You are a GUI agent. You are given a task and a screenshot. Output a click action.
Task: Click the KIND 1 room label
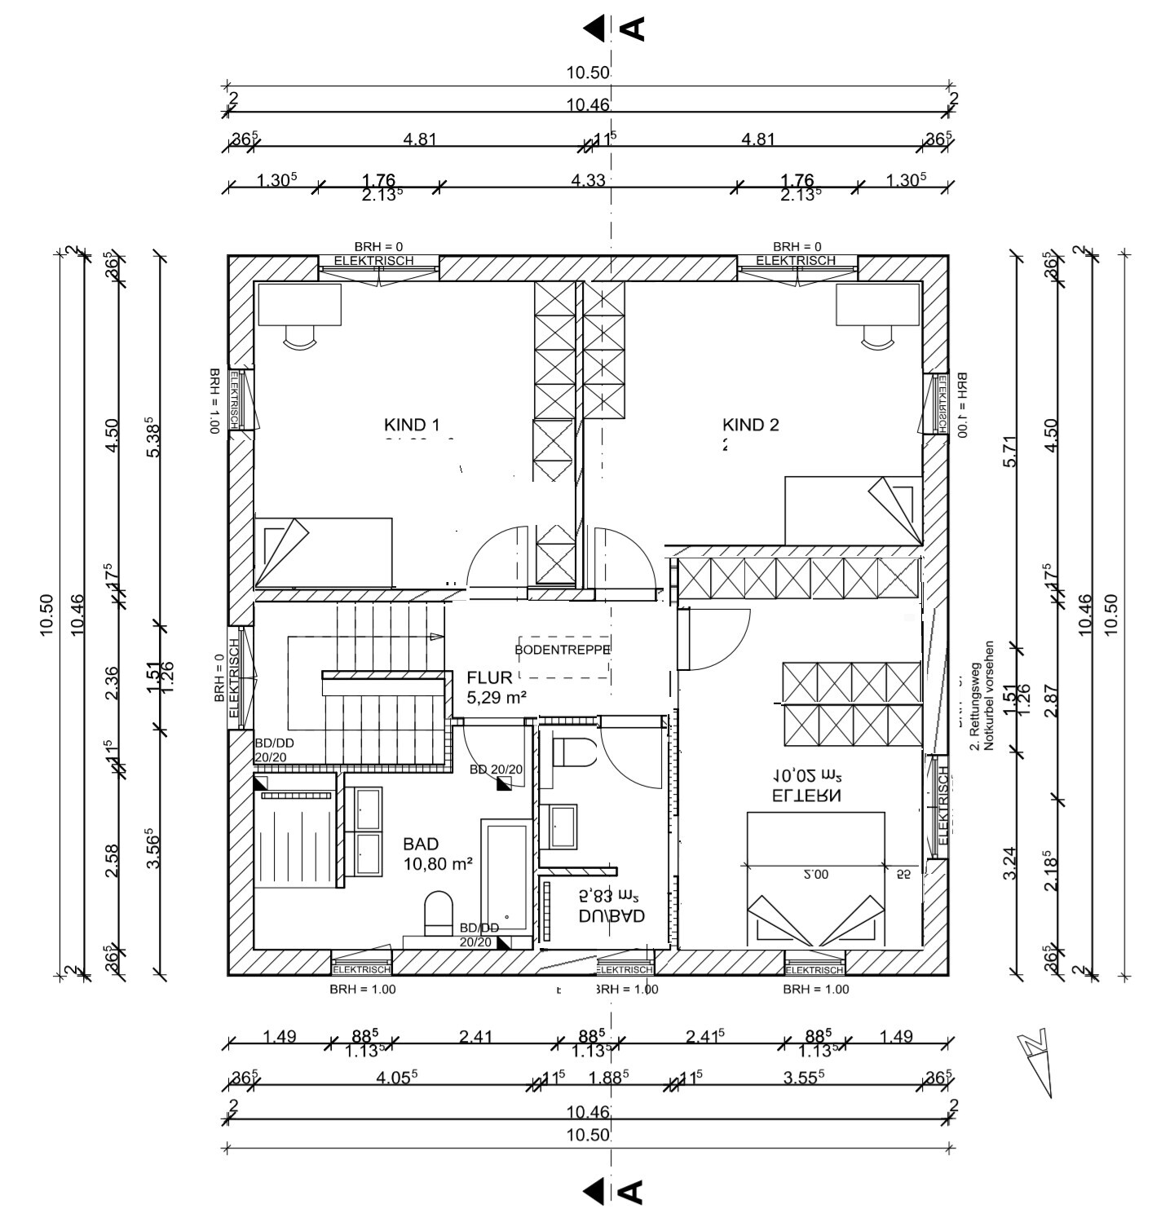412,425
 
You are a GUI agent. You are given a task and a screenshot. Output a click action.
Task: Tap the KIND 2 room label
750,425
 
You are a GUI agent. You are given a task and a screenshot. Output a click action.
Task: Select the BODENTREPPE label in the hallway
563,650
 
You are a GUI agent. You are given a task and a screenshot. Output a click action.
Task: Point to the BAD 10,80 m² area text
439,864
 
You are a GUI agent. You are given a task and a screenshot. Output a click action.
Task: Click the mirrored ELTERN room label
806,795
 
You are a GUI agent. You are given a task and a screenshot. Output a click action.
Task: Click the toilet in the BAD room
439,912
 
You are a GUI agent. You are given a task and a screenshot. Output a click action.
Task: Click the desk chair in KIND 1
299,336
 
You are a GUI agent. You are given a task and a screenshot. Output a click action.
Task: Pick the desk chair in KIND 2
878,336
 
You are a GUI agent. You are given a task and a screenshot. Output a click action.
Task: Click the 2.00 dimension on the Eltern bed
815,874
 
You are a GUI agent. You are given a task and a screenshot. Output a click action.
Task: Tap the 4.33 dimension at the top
588,179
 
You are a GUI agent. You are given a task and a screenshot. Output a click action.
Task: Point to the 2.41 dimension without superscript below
475,1037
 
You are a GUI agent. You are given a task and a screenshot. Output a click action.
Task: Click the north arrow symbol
1036,1060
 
